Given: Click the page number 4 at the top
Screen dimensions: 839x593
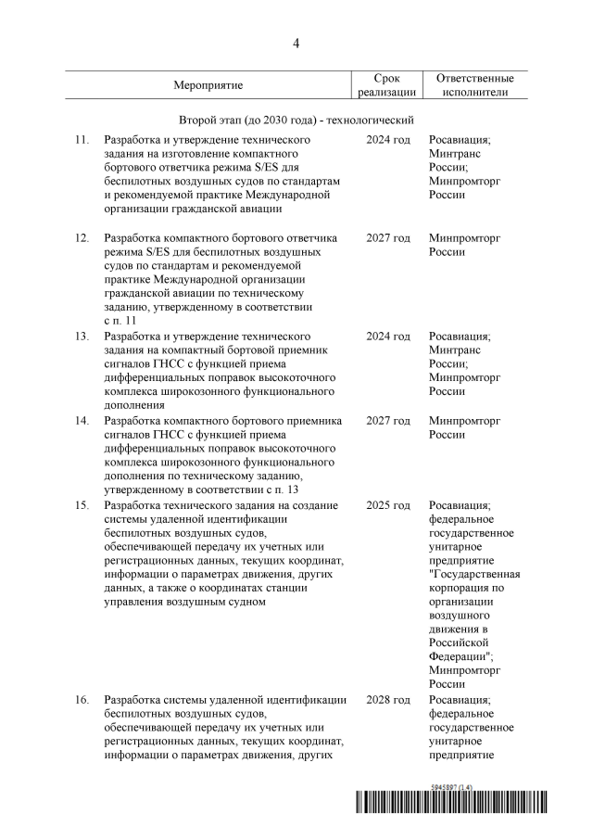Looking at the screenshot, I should [296, 43].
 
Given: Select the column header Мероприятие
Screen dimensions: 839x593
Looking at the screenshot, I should [208, 85].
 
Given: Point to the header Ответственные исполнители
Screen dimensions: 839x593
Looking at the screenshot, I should [475, 85].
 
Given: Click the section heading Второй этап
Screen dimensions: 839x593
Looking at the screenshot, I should [296, 120].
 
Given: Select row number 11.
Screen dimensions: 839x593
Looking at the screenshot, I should [82, 139].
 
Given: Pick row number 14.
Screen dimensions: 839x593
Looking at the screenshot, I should [82, 421].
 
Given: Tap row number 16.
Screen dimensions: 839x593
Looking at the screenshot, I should [82, 699].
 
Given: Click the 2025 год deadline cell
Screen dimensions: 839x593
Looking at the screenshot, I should [387, 505].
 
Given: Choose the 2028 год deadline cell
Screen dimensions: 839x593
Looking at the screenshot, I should [387, 699].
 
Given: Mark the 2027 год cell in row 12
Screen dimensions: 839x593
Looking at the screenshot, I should [387, 238].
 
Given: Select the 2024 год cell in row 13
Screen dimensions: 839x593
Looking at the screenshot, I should [387, 337].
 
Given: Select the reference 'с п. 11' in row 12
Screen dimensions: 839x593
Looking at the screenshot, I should [120, 319].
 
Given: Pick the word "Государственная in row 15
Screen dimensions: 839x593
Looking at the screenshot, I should [474, 573].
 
